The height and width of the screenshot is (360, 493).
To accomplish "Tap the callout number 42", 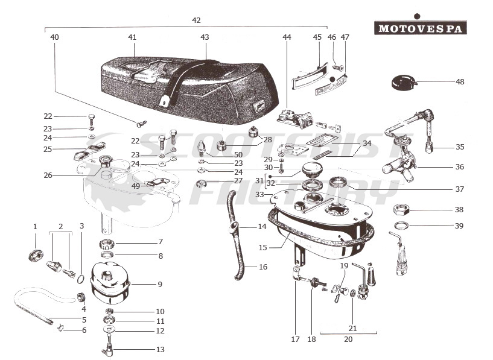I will (x=196, y=20).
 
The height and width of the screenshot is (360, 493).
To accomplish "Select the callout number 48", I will (x=460, y=81).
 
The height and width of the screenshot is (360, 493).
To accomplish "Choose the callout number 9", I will (x=160, y=284).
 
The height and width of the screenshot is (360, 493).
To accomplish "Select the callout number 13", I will (x=160, y=349).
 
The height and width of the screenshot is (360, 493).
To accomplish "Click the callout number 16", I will (x=262, y=267).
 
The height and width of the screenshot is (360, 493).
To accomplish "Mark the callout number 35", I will (x=460, y=147).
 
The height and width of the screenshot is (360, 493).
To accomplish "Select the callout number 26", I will (x=48, y=175).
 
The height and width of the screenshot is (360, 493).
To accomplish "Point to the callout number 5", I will (x=84, y=320).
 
